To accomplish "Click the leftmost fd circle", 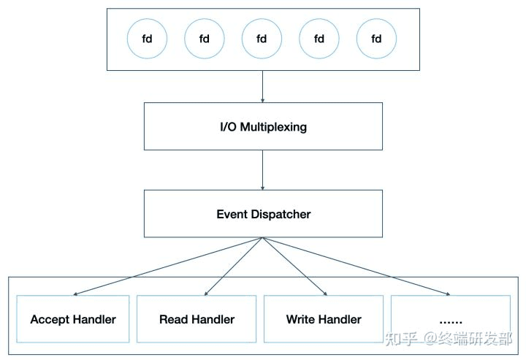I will tap(147, 39).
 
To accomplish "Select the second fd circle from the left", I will tap(205, 39).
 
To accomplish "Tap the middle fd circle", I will tap(262, 39).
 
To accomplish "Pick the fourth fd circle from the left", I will tap(319, 39).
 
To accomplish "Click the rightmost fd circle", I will tap(376, 39).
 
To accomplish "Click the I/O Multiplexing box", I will tap(263, 126).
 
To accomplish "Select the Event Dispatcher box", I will tap(263, 214).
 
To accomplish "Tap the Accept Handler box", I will tap(73, 319).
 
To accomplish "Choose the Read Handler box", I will tap(197, 319).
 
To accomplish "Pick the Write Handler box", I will tap(324, 319).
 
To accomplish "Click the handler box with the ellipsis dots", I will tap(450, 319).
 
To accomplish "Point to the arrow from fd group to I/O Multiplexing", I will tap(263, 86).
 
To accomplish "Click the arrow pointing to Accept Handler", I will tap(168, 266).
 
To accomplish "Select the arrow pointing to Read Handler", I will tap(231, 266).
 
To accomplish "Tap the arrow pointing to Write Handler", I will tap(294, 266).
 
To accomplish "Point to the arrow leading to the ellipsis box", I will tap(356, 266).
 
